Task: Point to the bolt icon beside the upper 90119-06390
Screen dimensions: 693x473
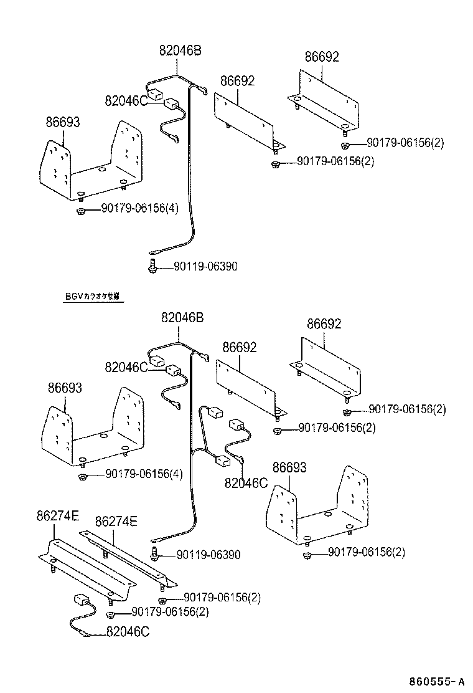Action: tap(152, 266)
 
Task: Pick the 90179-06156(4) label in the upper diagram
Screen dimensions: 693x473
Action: tap(140, 208)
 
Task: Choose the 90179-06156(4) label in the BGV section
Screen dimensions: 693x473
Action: tap(143, 474)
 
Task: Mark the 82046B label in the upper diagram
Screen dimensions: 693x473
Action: tap(180, 51)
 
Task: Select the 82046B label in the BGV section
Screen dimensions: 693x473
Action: tap(182, 318)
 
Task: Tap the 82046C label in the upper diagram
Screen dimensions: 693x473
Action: tap(126, 101)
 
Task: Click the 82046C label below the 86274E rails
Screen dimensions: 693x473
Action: tap(127, 632)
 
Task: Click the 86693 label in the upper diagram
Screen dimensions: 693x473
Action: tap(62, 122)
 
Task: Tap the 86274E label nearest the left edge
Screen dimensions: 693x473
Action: tap(57, 516)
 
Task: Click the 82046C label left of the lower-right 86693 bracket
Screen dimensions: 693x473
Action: tap(246, 482)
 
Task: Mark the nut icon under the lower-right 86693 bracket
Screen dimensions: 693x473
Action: tap(307, 555)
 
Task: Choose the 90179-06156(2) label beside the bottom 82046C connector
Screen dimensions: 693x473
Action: tap(170, 611)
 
